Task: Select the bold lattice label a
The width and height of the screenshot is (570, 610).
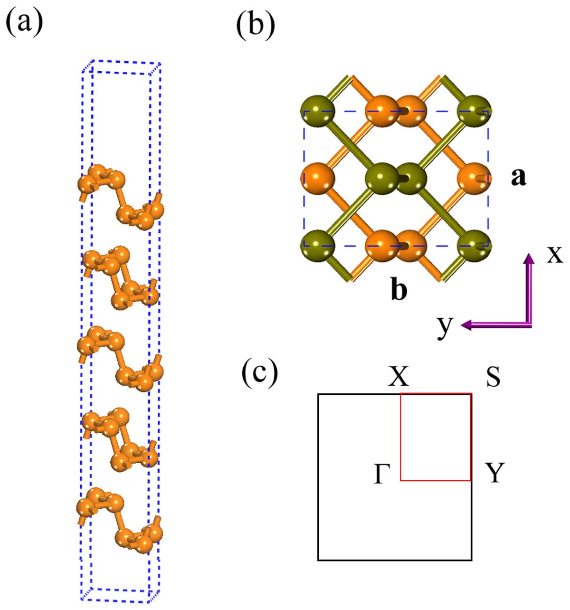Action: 518,178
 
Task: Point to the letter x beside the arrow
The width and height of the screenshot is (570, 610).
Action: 554,255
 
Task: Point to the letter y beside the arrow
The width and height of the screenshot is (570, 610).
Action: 444,327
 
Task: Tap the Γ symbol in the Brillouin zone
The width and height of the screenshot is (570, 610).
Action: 381,474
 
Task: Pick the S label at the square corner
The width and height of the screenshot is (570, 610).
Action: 493,377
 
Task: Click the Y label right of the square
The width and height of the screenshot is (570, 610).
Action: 494,473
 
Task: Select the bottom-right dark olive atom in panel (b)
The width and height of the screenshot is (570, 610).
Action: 474,246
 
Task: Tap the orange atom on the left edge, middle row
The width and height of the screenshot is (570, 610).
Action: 318,179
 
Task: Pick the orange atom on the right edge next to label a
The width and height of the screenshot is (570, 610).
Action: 474,179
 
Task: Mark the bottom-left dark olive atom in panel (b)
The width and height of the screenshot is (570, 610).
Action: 318,246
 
